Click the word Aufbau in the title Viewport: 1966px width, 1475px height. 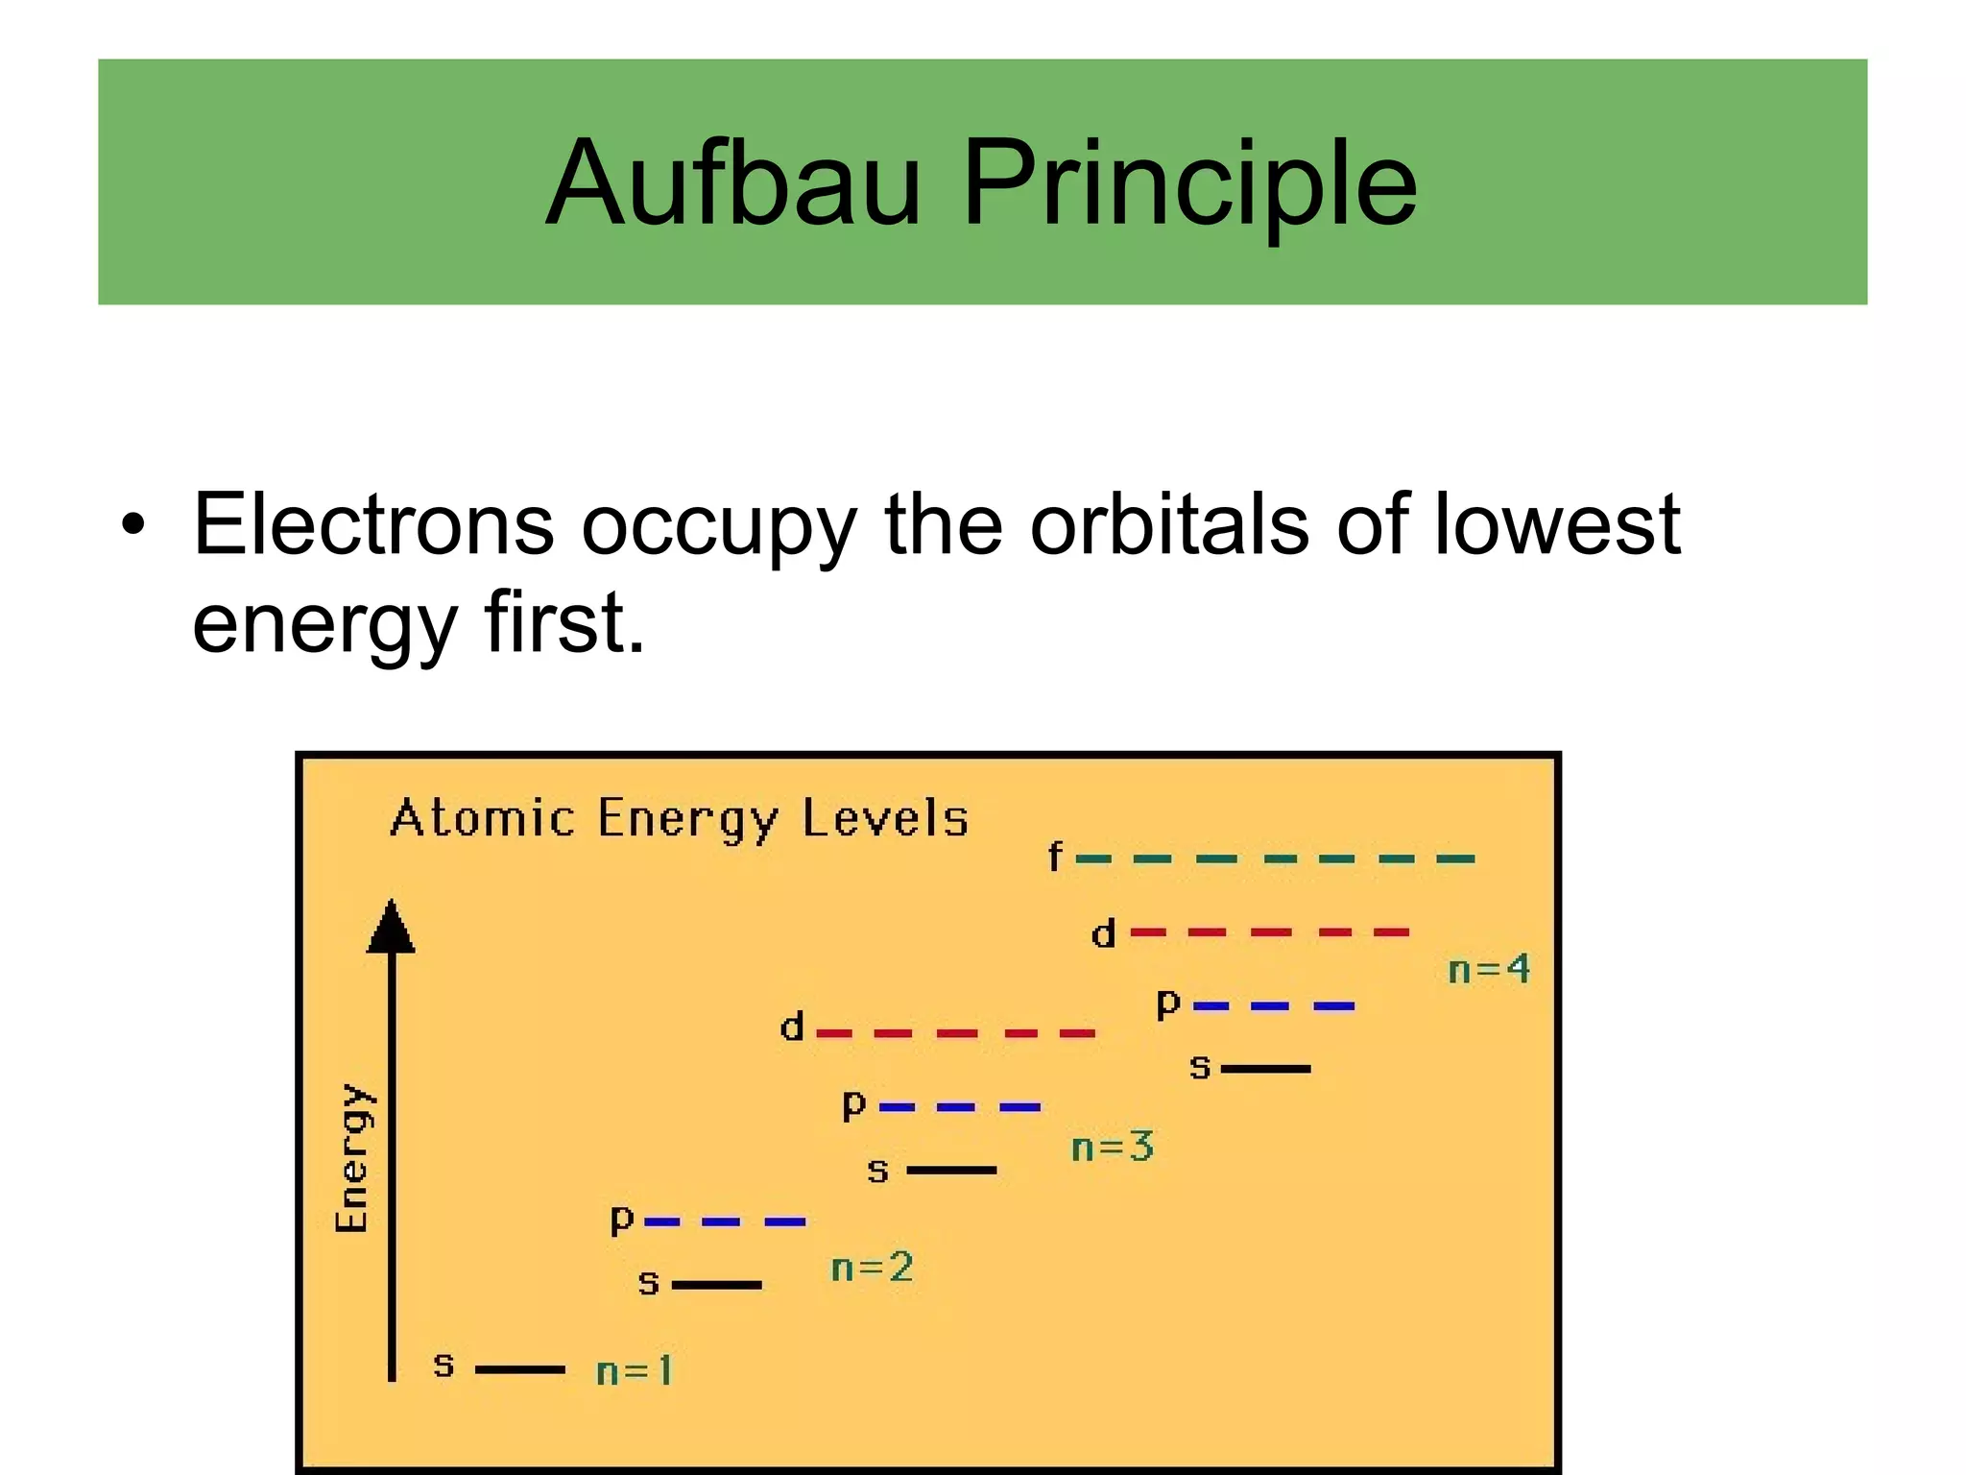point(733,182)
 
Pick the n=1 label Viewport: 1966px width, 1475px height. point(634,1370)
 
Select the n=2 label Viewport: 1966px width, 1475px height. point(871,1268)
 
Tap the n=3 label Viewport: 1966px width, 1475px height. point(1112,1147)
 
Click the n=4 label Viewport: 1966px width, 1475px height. point(1488,969)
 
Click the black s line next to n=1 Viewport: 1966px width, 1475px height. point(519,1369)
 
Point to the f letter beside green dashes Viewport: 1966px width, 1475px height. point(1055,856)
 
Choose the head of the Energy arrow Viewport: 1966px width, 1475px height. point(391,927)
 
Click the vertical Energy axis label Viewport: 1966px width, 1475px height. point(352,1158)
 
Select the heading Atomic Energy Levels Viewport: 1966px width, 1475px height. point(679,819)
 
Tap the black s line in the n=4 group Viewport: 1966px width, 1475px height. point(1265,1068)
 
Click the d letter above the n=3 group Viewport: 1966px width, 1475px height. point(791,1028)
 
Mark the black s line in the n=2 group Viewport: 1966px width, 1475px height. point(716,1284)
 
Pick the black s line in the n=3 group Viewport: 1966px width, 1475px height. point(951,1170)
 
